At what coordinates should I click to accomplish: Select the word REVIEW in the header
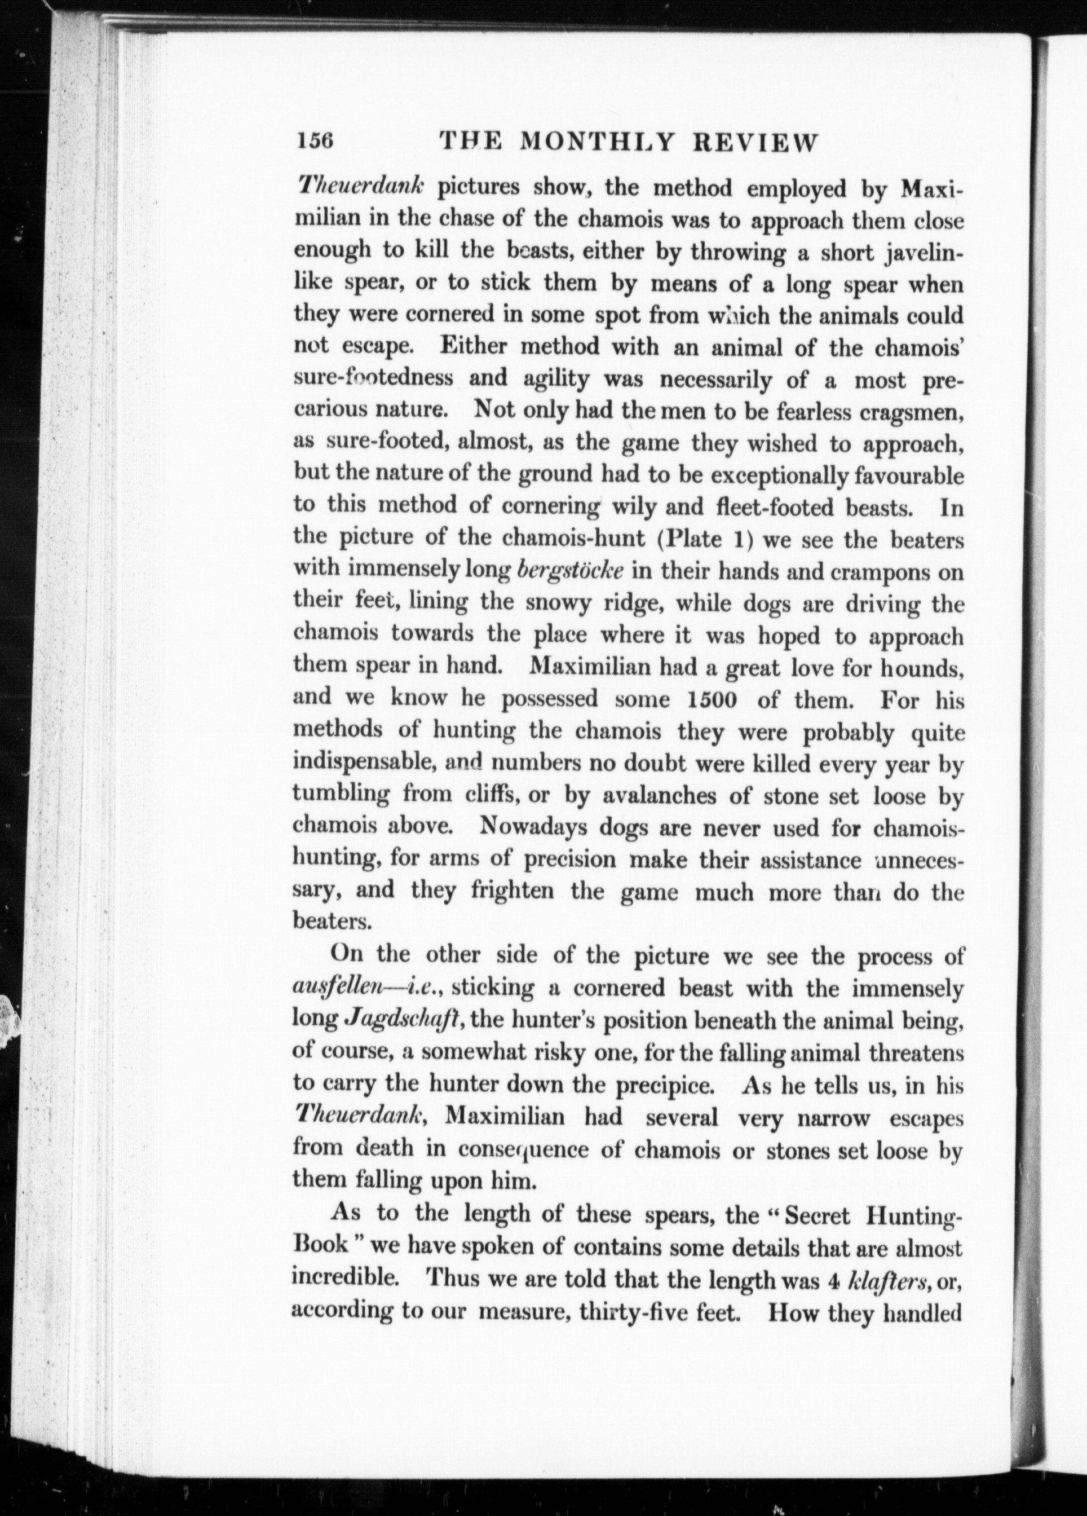[755, 142]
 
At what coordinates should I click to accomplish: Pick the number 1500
[712, 699]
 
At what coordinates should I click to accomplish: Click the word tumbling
[340, 794]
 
